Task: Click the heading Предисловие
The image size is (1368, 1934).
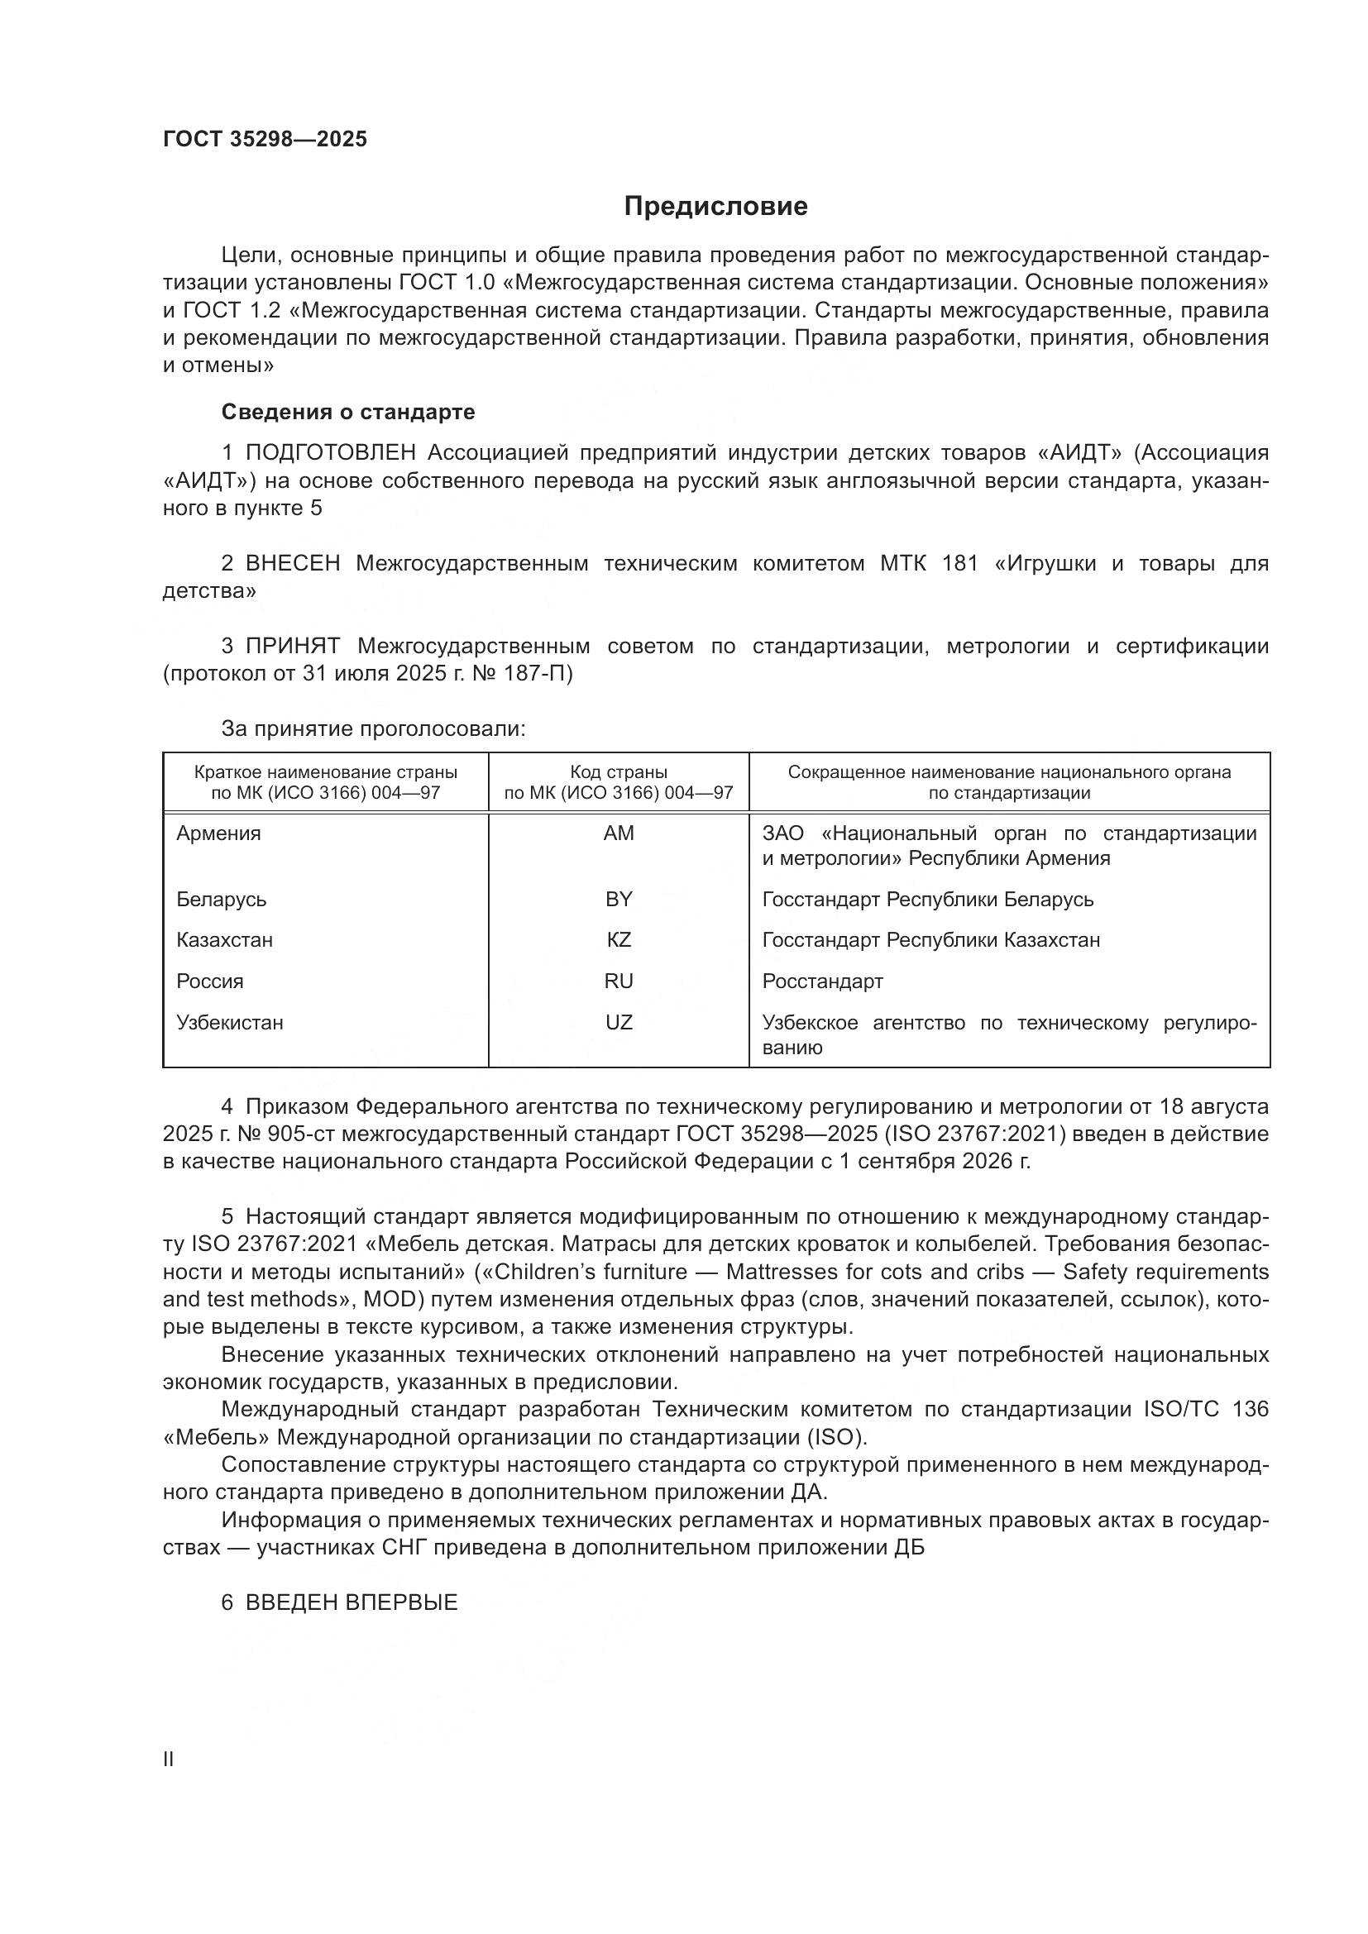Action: [x=715, y=207]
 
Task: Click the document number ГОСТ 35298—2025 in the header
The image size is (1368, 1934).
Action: [x=265, y=139]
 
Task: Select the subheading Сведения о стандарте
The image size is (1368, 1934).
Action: [x=348, y=412]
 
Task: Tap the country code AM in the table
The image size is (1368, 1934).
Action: [x=619, y=833]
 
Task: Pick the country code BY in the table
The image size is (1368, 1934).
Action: [x=619, y=899]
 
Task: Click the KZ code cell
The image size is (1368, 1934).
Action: [x=619, y=939]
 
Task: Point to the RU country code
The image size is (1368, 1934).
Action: [x=619, y=981]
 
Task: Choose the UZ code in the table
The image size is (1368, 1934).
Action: [x=619, y=1022]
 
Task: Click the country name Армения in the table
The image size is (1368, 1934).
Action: [x=219, y=833]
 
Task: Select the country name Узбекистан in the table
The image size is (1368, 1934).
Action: [x=230, y=1022]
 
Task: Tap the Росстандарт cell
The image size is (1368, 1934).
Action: [x=822, y=981]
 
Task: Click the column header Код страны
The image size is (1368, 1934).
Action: [x=619, y=772]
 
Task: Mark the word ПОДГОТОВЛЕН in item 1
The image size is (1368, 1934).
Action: [x=330, y=452]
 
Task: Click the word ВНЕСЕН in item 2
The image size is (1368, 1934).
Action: [x=293, y=564]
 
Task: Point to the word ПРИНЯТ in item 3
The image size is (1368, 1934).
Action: [x=293, y=646]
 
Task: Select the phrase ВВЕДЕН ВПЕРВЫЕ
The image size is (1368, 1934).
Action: [x=352, y=1603]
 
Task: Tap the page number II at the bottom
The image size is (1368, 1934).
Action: [x=169, y=1759]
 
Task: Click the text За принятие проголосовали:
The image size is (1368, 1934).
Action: [x=373, y=728]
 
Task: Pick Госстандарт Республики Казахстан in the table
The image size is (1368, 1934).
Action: [x=930, y=939]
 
